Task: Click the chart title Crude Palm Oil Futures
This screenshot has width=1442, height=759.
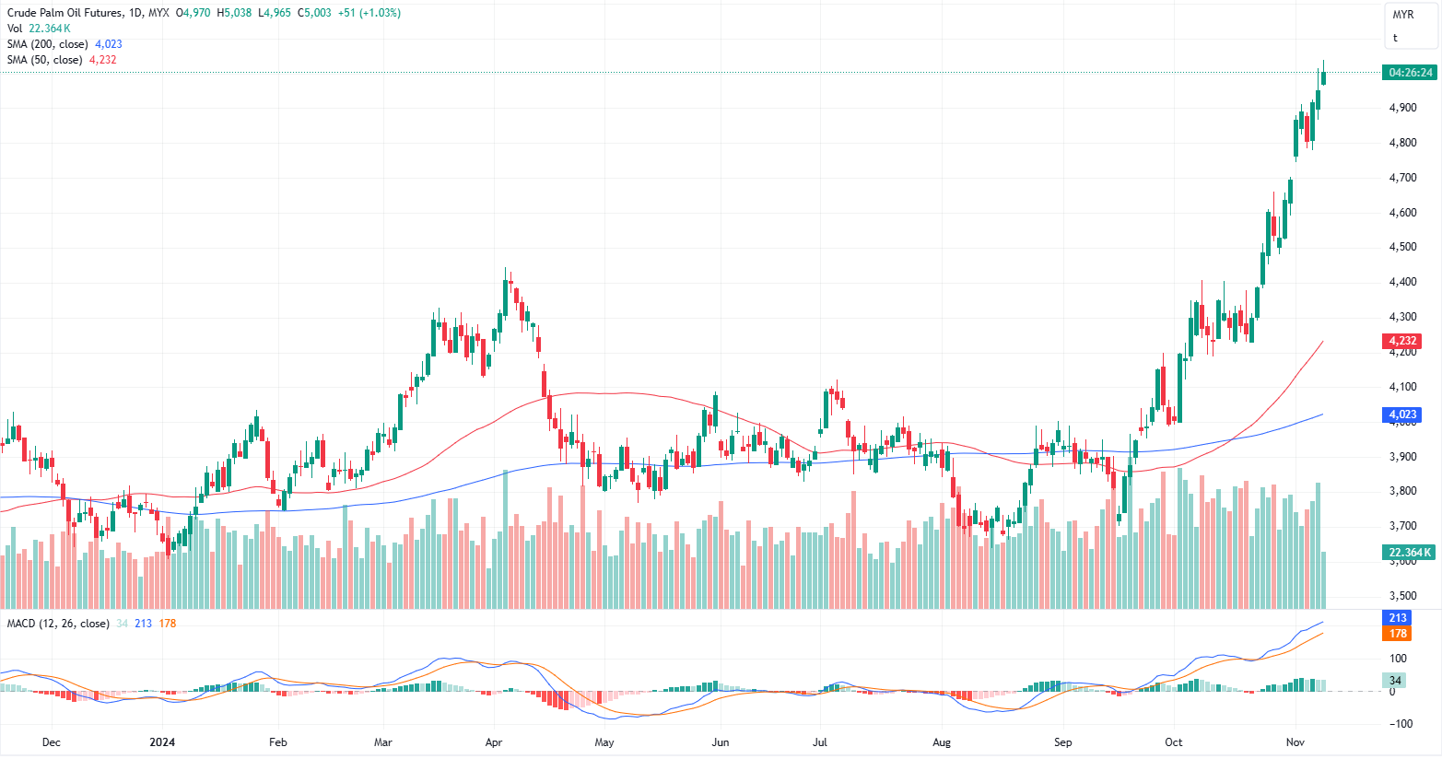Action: tap(64, 13)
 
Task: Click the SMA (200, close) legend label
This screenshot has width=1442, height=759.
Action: tap(48, 44)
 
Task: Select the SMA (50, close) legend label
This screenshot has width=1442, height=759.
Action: tap(44, 60)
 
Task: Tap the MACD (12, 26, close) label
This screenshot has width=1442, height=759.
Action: tap(58, 624)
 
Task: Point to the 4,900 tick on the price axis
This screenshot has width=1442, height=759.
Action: tap(1402, 108)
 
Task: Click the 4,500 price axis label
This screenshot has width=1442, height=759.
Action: tap(1402, 247)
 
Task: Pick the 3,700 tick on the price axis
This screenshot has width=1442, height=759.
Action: tap(1402, 526)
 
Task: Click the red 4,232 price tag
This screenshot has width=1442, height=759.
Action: tap(1402, 341)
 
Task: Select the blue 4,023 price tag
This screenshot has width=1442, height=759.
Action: tap(1402, 415)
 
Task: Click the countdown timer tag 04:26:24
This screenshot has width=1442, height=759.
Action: tap(1410, 73)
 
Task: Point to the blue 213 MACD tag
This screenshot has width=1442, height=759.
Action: tap(1398, 618)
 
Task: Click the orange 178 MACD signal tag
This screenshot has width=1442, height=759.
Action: tap(1398, 634)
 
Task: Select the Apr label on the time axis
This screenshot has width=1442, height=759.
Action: tap(494, 742)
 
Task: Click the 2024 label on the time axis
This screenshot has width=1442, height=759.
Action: tap(162, 742)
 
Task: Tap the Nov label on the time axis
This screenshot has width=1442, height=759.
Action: tap(1295, 742)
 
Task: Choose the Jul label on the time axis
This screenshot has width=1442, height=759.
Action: tap(819, 742)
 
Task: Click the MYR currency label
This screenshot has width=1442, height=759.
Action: tap(1402, 15)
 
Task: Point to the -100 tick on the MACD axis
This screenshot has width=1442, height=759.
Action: tap(1398, 724)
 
